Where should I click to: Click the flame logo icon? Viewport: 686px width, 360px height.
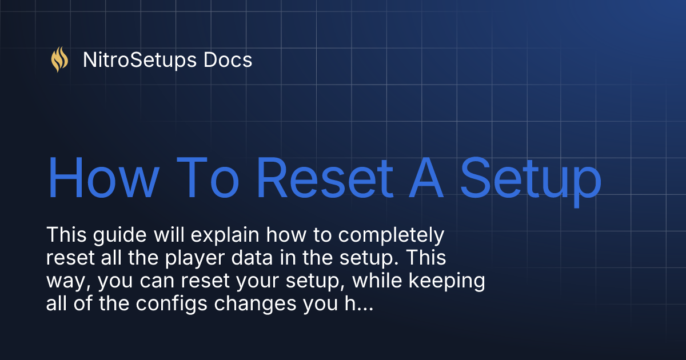tap(59, 59)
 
